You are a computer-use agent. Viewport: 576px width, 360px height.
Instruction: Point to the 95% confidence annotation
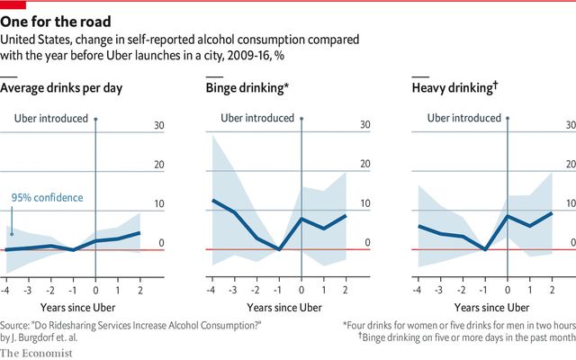[x=47, y=198]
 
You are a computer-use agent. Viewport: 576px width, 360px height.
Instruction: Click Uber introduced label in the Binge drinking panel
[x=257, y=118]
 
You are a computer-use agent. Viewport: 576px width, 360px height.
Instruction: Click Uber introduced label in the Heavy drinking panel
[x=464, y=118]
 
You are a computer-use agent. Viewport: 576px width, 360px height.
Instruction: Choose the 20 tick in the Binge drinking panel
[x=365, y=165]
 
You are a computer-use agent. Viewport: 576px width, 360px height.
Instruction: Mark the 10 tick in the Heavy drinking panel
[x=571, y=203]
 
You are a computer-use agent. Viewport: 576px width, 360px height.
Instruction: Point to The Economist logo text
[x=44, y=349]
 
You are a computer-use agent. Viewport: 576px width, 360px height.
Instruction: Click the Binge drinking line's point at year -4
[x=212, y=201]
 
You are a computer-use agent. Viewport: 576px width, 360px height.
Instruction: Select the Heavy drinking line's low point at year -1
[x=486, y=248]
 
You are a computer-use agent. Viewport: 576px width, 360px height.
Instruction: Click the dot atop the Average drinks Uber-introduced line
[x=95, y=119]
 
